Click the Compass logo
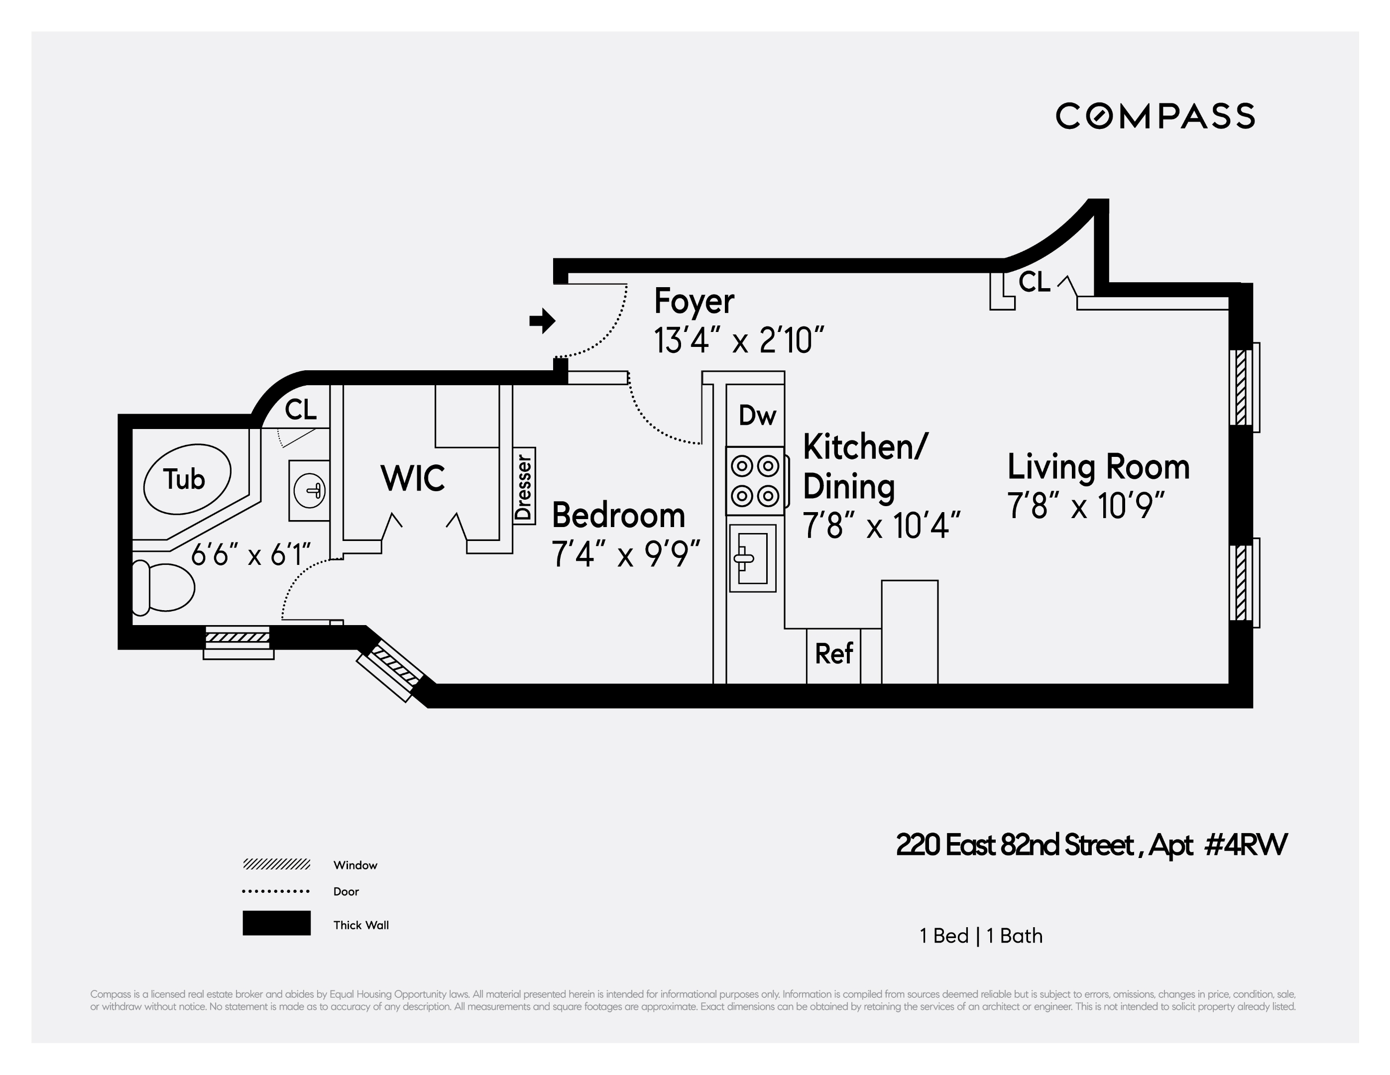click(1155, 116)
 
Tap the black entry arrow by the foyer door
click(542, 321)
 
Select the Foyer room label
click(694, 301)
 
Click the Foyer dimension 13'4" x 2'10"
click(738, 340)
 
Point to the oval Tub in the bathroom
click(187, 479)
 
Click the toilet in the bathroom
click(164, 587)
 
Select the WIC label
click(412, 478)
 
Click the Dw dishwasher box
click(756, 416)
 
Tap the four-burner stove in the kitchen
click(755, 480)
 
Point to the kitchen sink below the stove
click(752, 558)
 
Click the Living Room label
click(1098, 467)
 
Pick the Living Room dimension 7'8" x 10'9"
click(1086, 506)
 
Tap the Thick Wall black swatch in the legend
click(276, 923)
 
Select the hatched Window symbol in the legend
click(276, 864)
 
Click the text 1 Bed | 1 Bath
click(981, 936)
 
